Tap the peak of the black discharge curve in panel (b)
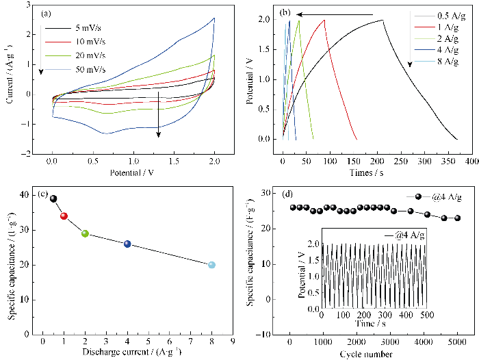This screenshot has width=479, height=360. pos(383,20)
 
